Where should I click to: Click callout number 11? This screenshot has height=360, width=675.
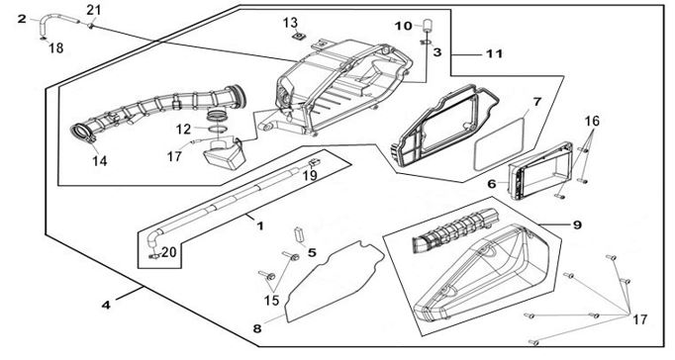tap(494, 53)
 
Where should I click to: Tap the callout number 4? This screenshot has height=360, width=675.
tap(106, 305)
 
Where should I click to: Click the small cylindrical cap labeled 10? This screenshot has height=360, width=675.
tap(426, 25)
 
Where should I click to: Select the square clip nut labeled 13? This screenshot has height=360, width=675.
tap(296, 37)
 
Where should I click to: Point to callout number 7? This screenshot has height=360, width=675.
tap(536, 103)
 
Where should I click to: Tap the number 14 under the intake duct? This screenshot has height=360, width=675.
tap(99, 161)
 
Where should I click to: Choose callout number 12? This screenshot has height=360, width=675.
tap(183, 129)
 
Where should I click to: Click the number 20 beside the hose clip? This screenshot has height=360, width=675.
tap(168, 252)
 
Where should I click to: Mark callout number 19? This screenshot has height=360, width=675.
tap(310, 175)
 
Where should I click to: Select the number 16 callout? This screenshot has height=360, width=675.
tap(592, 121)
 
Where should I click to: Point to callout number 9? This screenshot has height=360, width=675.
tap(578, 225)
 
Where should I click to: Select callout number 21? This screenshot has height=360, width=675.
tap(94, 10)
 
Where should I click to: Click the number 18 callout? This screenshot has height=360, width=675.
tap(56, 47)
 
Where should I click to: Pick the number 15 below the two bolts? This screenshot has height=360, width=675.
tap(271, 301)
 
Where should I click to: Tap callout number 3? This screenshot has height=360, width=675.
tap(436, 52)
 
